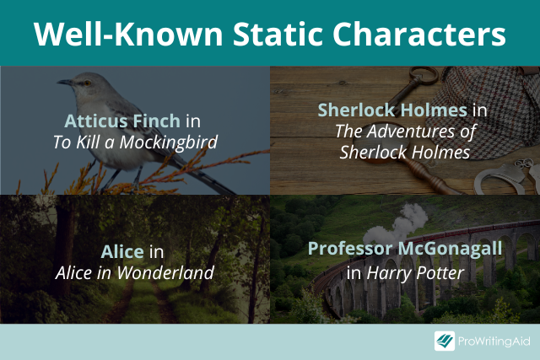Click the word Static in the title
pos(278,34)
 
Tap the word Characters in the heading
pos(419,34)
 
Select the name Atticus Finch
pos(122,121)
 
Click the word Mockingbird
pos(169,142)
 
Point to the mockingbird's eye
pos(88,83)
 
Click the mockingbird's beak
pos(65,82)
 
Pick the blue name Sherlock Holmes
pos(392,110)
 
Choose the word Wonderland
pos(165,273)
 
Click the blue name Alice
pos(122,251)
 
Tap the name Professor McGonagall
pos(405,249)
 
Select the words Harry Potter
pos(415,273)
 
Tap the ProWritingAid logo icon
pos(445,341)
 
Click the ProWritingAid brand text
pos(494,341)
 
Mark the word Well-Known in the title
pos(128,34)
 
